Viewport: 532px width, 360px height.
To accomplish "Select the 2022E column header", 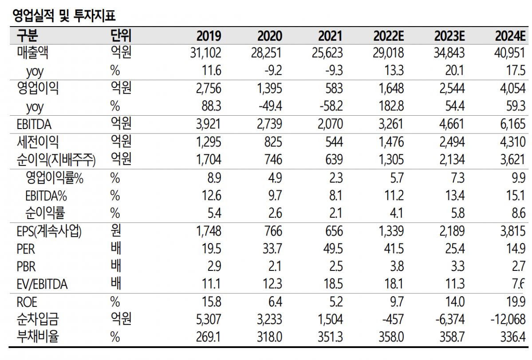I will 389,36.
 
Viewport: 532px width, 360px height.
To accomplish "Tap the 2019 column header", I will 209,36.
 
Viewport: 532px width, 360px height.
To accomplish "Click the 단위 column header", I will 121,35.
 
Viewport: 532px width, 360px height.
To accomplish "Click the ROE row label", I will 27,302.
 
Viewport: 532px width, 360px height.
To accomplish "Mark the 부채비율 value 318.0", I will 269,337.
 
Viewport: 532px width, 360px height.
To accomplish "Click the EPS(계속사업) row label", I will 49,231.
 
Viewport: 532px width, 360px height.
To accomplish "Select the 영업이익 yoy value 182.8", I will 392,106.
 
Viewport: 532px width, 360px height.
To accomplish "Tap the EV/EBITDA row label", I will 42,284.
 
